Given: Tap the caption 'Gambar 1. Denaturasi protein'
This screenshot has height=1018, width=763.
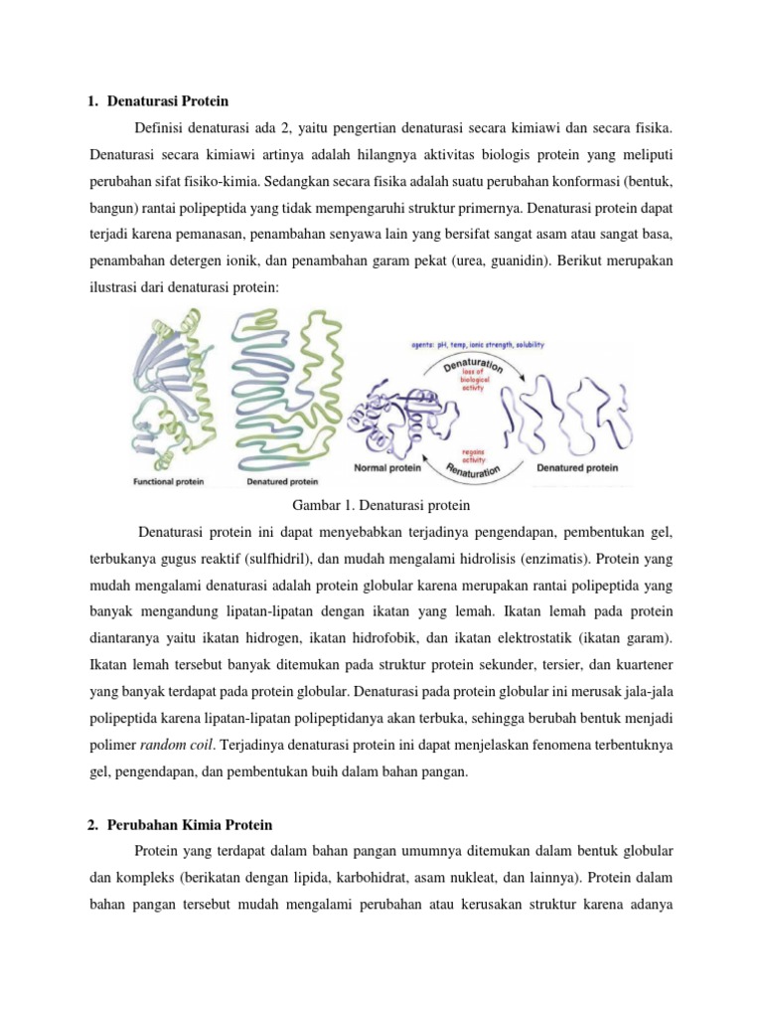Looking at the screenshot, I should point(381,505).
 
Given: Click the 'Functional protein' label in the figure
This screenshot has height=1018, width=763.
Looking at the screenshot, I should point(169,481).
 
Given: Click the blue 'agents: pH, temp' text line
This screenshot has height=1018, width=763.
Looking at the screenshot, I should point(478,345).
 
